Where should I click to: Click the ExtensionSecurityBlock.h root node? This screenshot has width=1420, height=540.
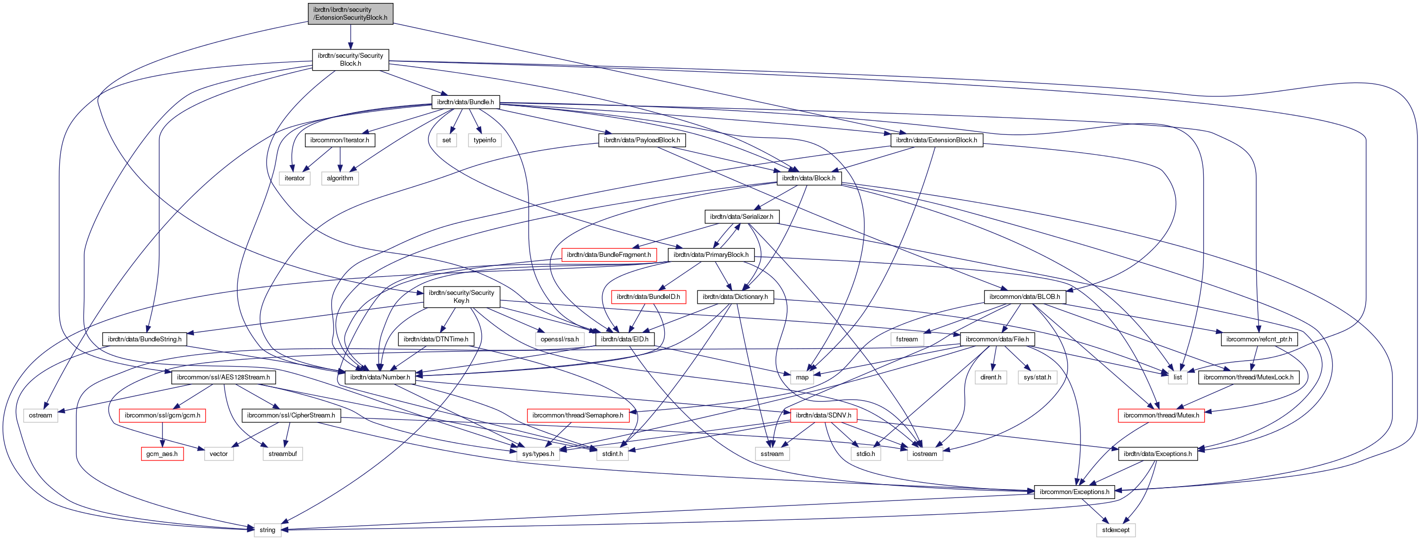(x=350, y=14)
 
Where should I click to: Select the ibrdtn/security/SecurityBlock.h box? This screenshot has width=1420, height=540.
(x=350, y=60)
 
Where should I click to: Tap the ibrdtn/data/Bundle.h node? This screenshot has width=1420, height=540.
(x=465, y=102)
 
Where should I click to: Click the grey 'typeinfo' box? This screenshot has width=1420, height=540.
(x=485, y=140)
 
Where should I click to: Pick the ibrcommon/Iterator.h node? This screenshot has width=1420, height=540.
(x=340, y=140)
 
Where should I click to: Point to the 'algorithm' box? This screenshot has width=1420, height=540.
(x=340, y=178)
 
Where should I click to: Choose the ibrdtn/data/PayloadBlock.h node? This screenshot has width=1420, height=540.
(x=642, y=140)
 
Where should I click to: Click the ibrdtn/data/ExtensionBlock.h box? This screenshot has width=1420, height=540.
(x=936, y=140)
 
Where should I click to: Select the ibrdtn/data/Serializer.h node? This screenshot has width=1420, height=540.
(x=741, y=217)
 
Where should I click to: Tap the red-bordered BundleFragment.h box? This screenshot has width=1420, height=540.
(x=609, y=255)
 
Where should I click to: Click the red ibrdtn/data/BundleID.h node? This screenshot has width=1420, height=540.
(x=648, y=297)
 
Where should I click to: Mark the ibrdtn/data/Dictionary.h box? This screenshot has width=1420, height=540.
(x=735, y=297)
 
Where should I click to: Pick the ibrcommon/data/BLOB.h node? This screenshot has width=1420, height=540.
(x=1024, y=297)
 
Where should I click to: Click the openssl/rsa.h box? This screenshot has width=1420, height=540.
(x=560, y=339)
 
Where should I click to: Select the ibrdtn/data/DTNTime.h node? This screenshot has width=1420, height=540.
(x=435, y=339)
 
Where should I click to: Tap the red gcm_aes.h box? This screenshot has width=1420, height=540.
(x=161, y=454)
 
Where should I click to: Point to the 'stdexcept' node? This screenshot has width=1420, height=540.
(x=1115, y=530)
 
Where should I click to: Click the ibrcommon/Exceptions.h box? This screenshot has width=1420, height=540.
(x=1074, y=492)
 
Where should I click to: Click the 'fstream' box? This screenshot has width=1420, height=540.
(x=907, y=339)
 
